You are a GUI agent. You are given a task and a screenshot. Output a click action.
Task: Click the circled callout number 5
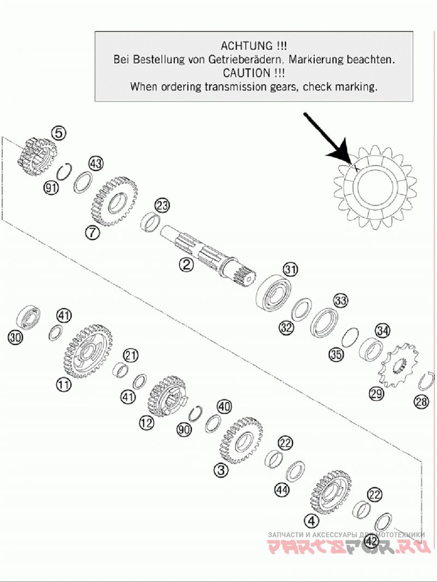(59, 132)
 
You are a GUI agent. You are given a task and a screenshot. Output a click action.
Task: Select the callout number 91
(51, 187)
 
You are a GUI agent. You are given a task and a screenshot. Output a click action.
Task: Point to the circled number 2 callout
(186, 264)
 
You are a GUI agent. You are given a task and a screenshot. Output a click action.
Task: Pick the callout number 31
(291, 269)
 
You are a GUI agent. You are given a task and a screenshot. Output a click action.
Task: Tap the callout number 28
(422, 401)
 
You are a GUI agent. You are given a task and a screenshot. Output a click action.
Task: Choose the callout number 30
(15, 337)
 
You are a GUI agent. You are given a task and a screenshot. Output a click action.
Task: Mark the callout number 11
(63, 384)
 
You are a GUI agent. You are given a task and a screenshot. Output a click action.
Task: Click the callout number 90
(184, 430)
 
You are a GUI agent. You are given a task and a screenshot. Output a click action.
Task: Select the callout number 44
(281, 490)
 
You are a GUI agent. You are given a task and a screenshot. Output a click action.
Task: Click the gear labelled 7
(114, 202)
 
